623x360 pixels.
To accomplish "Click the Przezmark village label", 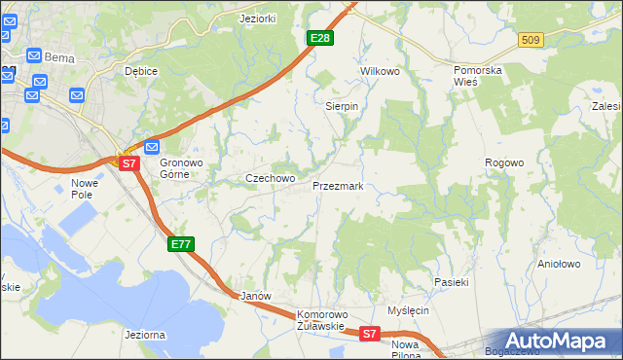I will point(338,185).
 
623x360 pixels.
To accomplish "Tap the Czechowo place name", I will point(270,178).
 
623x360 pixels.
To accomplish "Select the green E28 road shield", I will point(320,38).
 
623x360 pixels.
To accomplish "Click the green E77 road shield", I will point(181,244).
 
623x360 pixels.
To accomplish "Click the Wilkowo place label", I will point(381,72).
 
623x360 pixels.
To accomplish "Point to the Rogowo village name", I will point(505,162).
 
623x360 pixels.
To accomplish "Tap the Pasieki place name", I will point(452,282).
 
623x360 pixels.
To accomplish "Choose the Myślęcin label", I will point(408,310).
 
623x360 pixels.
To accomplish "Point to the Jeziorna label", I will point(144,335).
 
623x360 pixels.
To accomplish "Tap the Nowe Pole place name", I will point(87,189).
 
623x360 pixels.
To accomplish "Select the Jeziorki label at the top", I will point(259,18).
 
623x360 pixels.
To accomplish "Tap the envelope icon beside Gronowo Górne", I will point(151,147).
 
